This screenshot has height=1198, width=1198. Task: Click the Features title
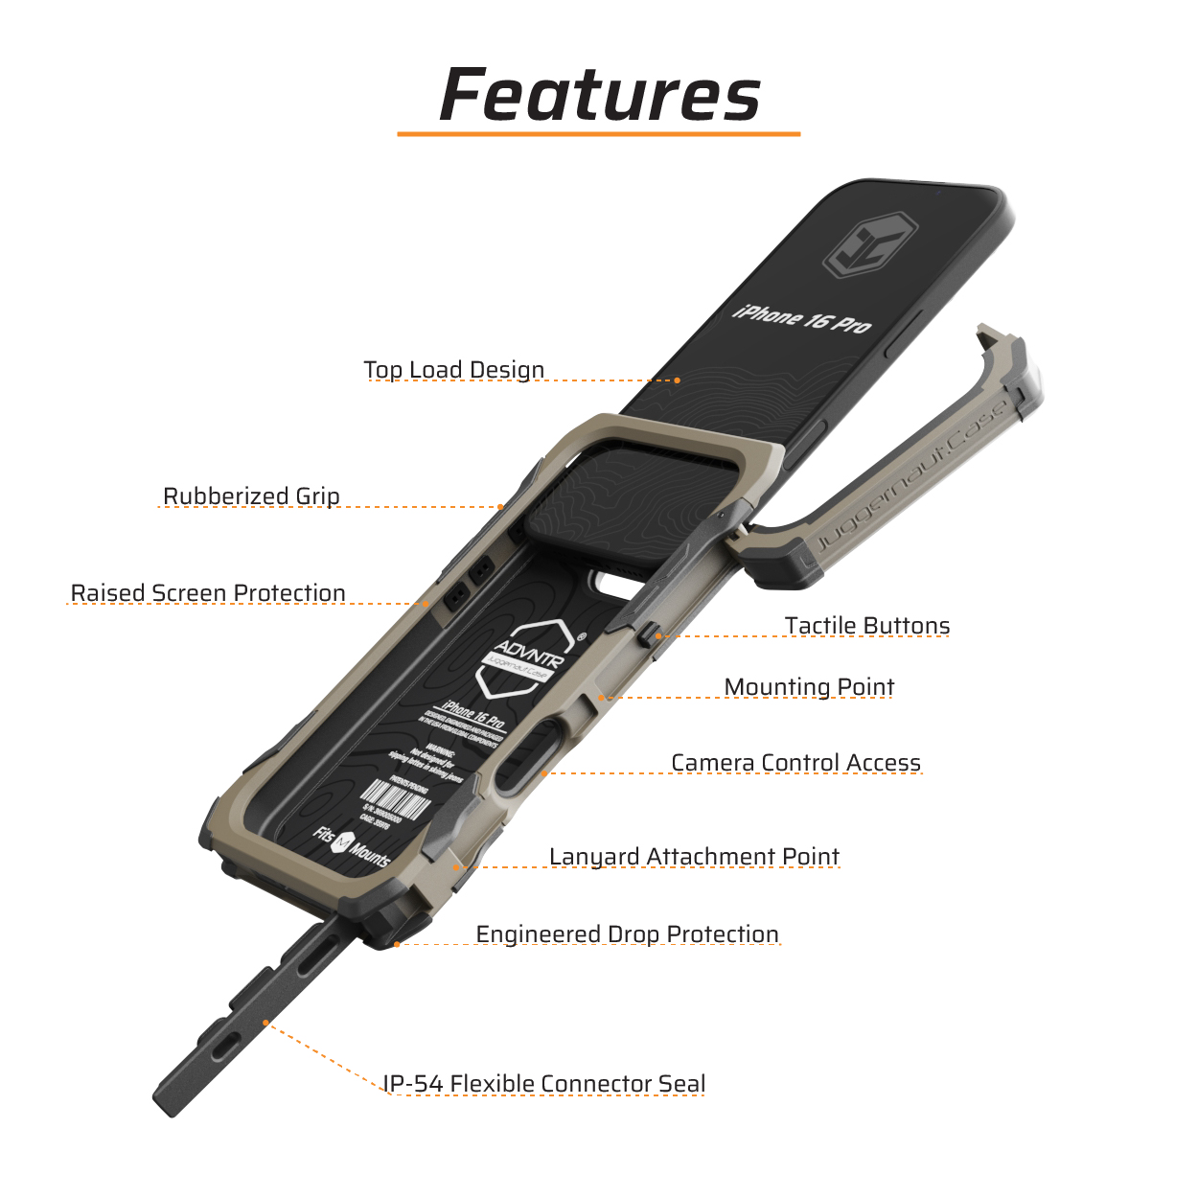[x=600, y=96]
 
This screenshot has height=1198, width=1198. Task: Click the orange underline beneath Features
[x=598, y=134]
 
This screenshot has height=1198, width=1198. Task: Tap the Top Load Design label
[x=453, y=370]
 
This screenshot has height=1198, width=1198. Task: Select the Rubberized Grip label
[x=251, y=496]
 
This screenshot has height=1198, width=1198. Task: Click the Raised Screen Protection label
[x=208, y=593]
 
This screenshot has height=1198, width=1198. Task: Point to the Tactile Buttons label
[x=866, y=626]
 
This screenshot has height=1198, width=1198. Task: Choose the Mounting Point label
[x=809, y=687]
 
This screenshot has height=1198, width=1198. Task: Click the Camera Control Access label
[x=795, y=763]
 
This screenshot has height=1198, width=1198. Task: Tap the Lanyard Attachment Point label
[x=694, y=857]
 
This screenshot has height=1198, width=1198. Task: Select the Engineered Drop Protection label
[x=627, y=934]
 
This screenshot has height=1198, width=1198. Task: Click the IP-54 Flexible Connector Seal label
[x=543, y=1084]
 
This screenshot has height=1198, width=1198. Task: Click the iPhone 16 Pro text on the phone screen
[x=802, y=318]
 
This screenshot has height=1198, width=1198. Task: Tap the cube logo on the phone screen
[x=870, y=244]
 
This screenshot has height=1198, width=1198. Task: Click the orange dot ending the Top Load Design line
[x=677, y=380]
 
